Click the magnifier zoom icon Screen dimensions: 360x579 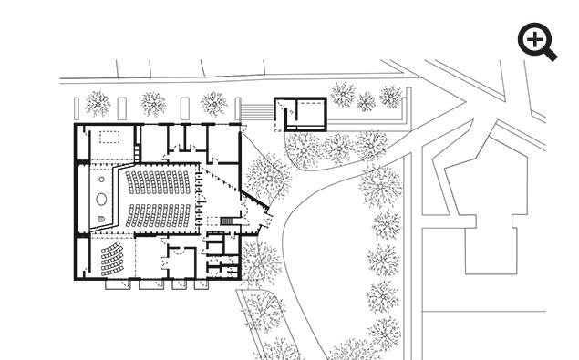coord(537,42)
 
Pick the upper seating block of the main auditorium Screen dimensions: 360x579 coord(160,182)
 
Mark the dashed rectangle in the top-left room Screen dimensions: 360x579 coord(110,138)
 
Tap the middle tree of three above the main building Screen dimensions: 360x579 coord(154,103)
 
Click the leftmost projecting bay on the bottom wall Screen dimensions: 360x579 coord(119,284)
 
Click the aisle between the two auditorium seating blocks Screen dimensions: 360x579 coord(160,199)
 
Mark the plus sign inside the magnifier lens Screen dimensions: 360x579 coord(533,38)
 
